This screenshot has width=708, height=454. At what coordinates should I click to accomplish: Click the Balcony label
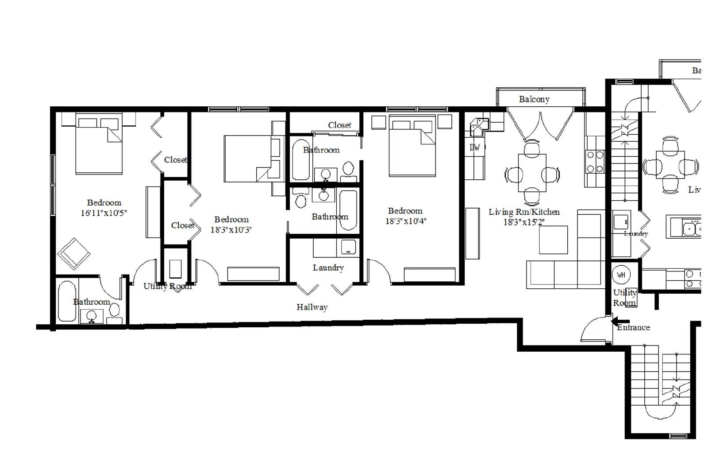(534, 99)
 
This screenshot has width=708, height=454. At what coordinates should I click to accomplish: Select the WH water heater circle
(621, 275)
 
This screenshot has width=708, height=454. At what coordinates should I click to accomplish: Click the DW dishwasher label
(474, 147)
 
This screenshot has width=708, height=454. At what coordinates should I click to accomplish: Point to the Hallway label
(312, 307)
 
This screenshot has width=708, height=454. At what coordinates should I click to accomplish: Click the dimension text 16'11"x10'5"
(104, 213)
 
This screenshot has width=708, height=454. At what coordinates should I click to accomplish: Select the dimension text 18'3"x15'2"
(524, 222)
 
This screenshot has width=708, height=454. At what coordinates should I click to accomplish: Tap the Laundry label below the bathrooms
(328, 268)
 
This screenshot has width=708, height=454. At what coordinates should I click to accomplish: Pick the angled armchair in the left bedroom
(73, 254)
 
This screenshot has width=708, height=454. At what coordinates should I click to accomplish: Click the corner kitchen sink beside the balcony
(479, 127)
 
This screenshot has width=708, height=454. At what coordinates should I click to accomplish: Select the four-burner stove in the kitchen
(595, 162)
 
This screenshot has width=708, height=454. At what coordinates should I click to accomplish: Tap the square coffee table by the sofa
(553, 240)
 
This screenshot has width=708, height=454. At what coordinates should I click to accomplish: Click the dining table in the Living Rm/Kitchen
(532, 173)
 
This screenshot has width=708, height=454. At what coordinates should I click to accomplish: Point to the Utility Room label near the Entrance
(624, 298)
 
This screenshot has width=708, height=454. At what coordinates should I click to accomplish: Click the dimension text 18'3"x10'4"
(405, 221)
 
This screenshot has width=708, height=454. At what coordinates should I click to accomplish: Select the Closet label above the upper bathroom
(339, 125)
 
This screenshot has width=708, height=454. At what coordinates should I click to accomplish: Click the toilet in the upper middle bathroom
(349, 170)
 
